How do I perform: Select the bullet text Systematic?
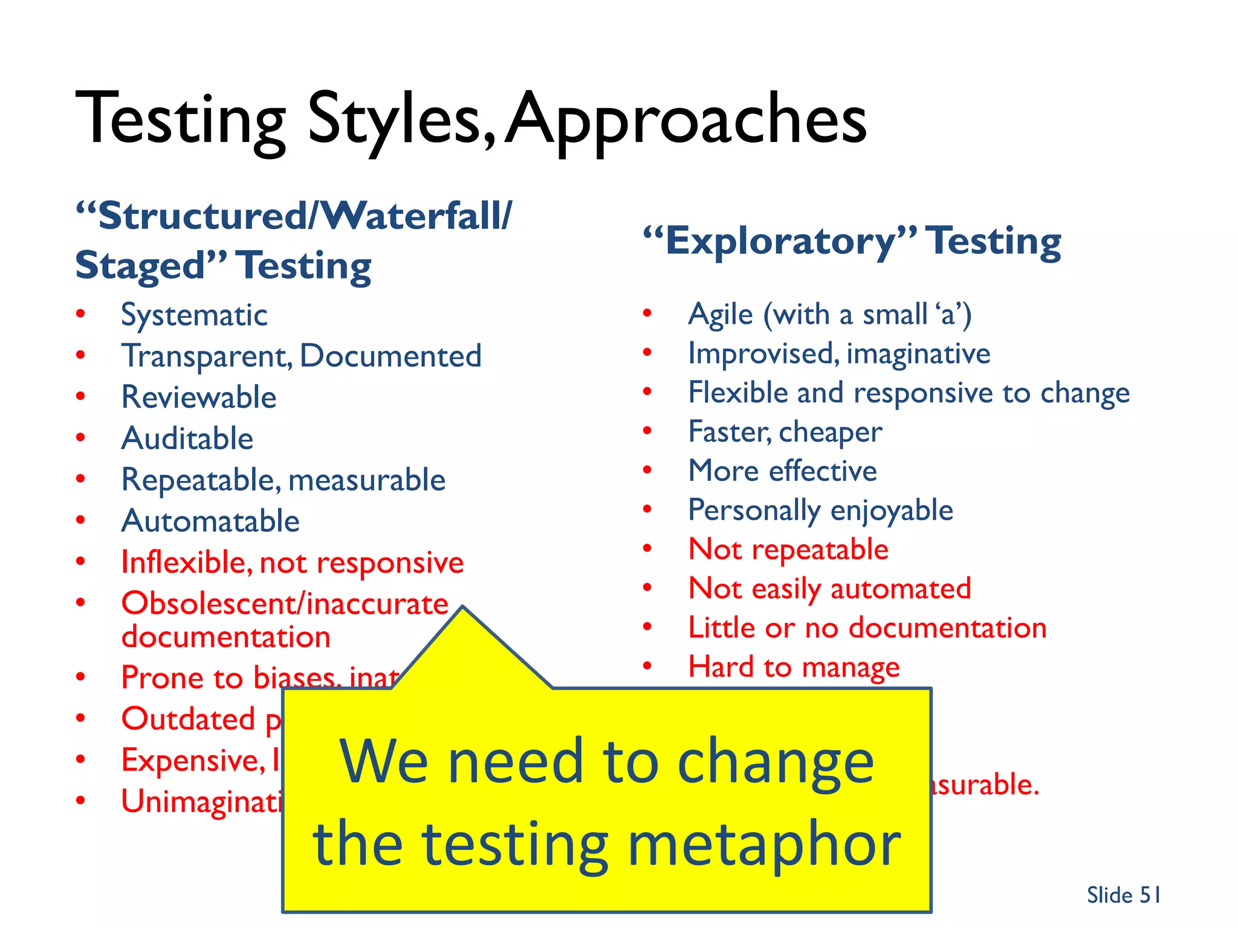(x=194, y=315)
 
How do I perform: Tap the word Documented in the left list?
(x=391, y=356)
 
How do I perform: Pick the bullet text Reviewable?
(x=199, y=398)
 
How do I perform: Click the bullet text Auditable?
(x=187, y=439)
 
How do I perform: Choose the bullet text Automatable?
(x=210, y=521)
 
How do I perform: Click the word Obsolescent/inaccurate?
(x=285, y=604)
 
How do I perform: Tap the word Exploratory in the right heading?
(x=779, y=242)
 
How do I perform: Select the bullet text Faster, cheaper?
(x=785, y=432)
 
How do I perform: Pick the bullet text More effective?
(x=783, y=471)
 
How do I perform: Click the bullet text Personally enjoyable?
(x=820, y=511)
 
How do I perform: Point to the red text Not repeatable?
(x=788, y=550)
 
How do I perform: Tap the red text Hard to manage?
(x=794, y=667)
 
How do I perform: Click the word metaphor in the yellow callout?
(x=764, y=845)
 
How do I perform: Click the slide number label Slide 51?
(x=1123, y=895)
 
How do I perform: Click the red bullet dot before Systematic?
(x=80, y=314)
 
